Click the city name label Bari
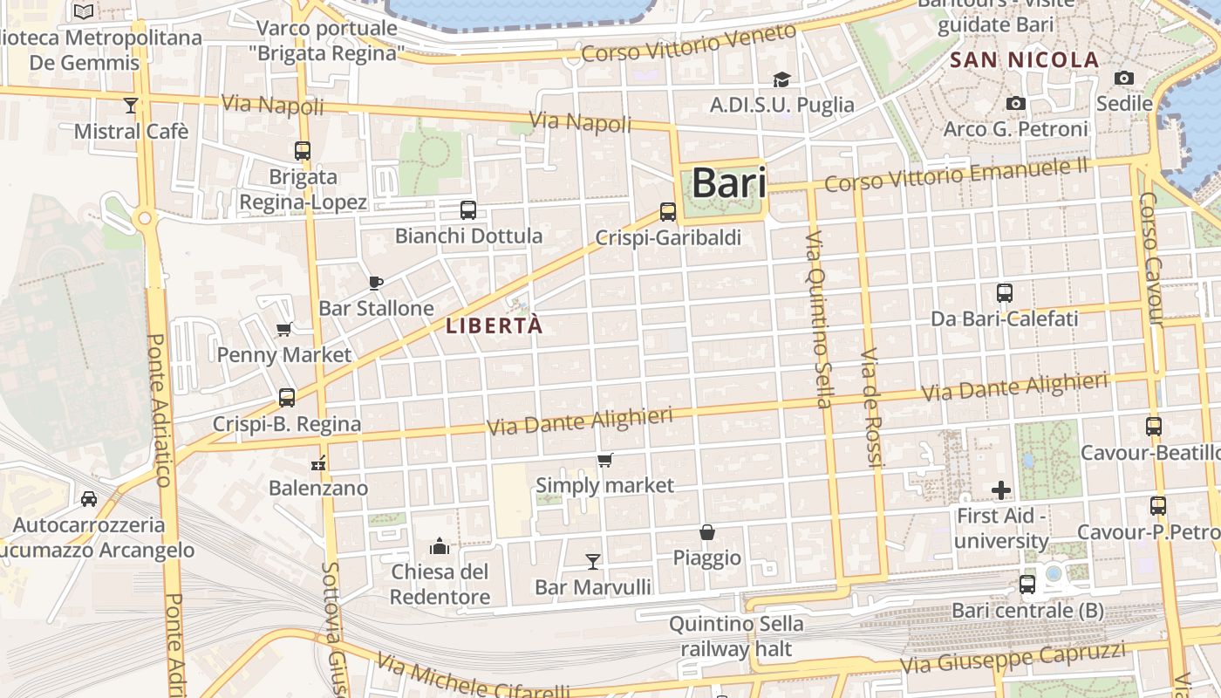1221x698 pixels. point(729,183)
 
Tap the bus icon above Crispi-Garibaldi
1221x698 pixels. point(668,212)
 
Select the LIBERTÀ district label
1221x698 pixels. point(494,326)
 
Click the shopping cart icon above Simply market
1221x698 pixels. point(605,460)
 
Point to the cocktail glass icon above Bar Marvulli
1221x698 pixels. point(593,561)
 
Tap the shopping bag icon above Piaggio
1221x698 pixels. point(706,532)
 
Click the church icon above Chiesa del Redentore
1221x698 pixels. point(440,546)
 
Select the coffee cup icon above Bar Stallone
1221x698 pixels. point(376,283)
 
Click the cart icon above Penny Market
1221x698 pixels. point(283,330)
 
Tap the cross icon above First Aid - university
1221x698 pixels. point(1001,490)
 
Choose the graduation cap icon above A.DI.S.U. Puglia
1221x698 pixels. point(781,79)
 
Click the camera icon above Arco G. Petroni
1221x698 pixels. point(1015,104)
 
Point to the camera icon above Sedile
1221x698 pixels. point(1124,79)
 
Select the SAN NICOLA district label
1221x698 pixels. point(1024,60)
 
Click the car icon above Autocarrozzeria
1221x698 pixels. point(89,499)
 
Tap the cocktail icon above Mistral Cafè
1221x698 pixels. point(131,106)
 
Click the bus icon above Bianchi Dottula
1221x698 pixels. point(468,210)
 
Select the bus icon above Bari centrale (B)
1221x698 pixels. point(1027,585)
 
